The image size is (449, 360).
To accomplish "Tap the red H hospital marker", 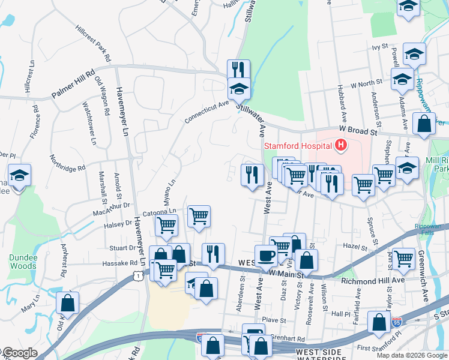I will [x=341, y=145].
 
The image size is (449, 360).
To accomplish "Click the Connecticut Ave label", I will [x=207, y=112].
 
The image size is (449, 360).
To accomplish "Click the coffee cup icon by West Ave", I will [x=266, y=256].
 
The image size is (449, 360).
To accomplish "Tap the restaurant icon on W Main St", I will [x=212, y=254].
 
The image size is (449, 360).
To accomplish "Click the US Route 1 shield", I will [x=137, y=275].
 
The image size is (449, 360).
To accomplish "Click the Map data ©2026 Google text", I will [x=411, y=355].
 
